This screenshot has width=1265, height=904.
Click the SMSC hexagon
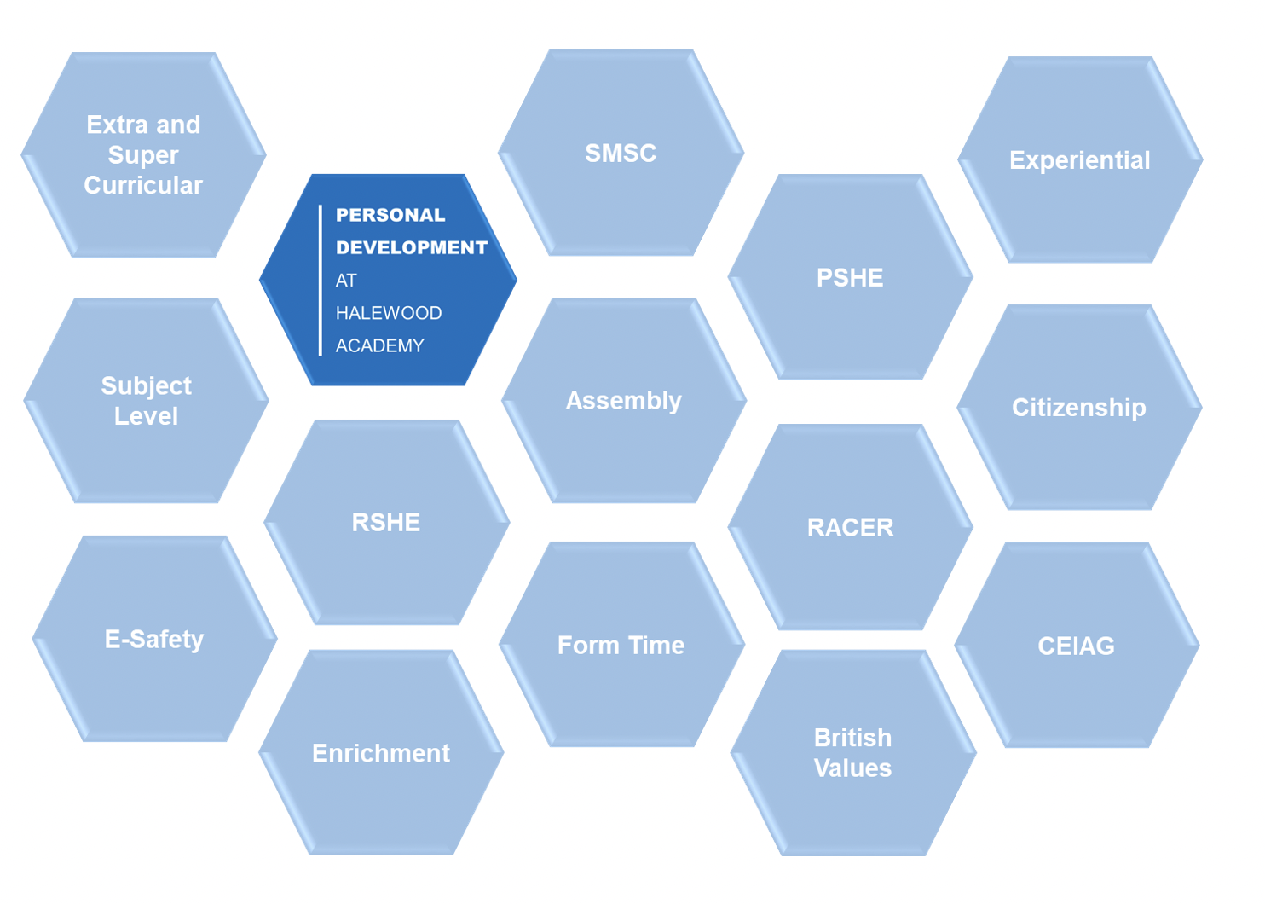click(x=621, y=154)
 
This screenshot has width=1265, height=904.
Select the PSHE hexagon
click(x=850, y=278)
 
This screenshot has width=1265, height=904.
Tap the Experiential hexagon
click(x=1079, y=160)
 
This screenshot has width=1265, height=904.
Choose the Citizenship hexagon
click(x=1078, y=408)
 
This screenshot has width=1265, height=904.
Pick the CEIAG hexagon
click(x=1076, y=646)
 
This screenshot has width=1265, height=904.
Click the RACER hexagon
click(x=850, y=528)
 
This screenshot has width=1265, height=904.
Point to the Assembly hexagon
click(x=623, y=401)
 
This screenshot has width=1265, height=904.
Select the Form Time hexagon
click(x=621, y=645)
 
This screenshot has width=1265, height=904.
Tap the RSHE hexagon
click(x=386, y=522)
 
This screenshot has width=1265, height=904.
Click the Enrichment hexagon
click(x=381, y=753)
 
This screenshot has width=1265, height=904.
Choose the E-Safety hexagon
click(x=154, y=639)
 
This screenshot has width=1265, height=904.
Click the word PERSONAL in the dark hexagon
click(x=390, y=215)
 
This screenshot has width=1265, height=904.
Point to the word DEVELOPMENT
click(x=412, y=247)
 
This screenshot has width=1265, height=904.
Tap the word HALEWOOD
click(x=389, y=313)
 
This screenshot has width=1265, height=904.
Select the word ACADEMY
click(x=379, y=345)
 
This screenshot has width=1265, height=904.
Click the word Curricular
click(x=143, y=185)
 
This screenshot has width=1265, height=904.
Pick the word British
click(x=852, y=738)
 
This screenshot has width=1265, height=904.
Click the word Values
click(x=852, y=768)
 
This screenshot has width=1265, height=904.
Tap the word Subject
click(x=147, y=385)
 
